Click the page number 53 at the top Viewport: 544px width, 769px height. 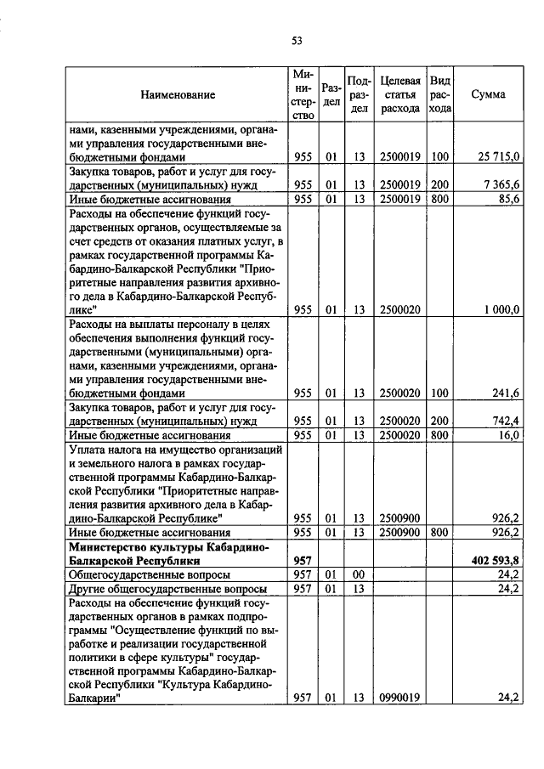click(297, 40)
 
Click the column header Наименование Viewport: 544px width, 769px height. click(178, 94)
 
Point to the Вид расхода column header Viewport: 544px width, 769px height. click(439, 94)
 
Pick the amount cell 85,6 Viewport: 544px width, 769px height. click(507, 199)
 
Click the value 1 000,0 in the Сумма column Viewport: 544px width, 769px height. click(502, 310)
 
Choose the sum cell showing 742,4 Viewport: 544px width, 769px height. click(506, 421)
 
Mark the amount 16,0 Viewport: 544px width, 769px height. click(509, 435)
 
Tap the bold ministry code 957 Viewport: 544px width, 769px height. click(303, 560)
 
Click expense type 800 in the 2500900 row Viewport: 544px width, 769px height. click(439, 532)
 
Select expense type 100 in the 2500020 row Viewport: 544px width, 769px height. click(439, 393)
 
